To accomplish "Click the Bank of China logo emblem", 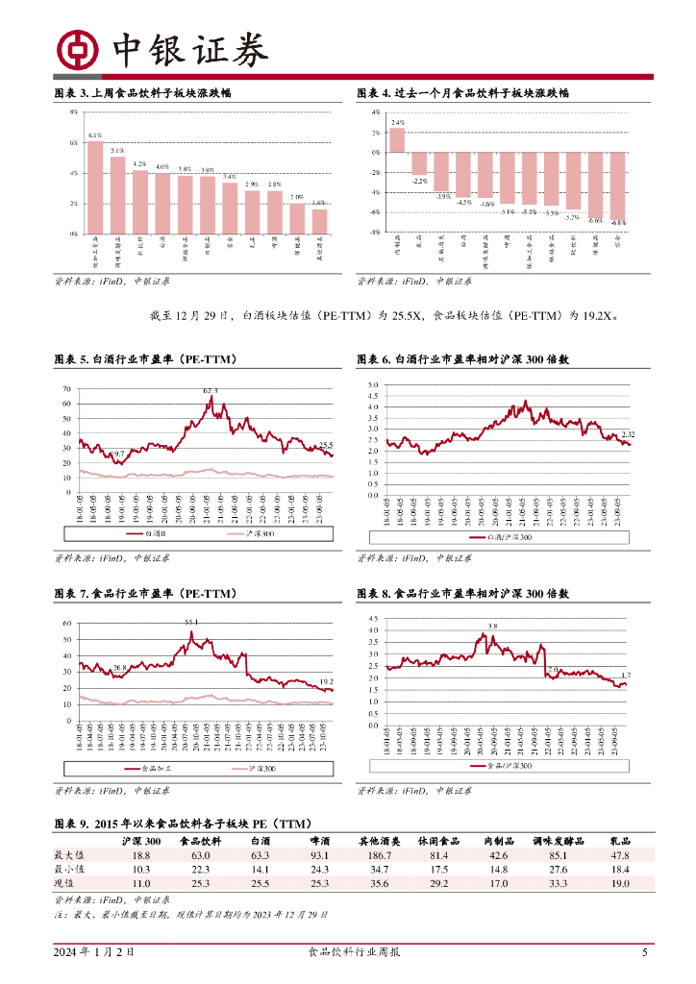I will click(77, 50).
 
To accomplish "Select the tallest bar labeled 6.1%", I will click(95, 187).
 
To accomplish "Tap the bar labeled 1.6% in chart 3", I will click(319, 221).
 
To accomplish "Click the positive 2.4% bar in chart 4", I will click(397, 140).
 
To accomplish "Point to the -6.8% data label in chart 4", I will click(618, 222).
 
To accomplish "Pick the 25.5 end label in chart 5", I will click(326, 444).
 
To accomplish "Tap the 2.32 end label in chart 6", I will click(628, 435).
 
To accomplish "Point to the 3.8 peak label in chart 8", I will click(493, 627).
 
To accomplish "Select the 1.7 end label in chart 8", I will click(626, 676).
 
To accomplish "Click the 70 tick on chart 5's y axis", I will click(66, 389).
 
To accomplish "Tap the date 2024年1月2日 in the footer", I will click(93, 953).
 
